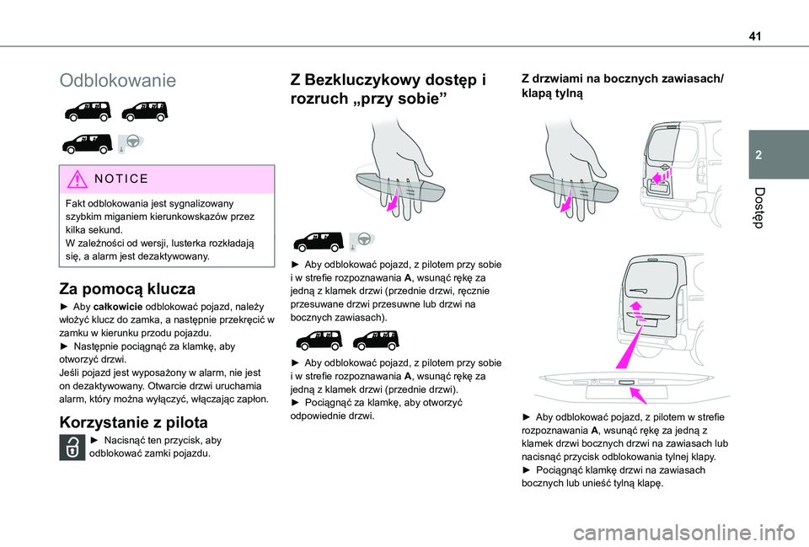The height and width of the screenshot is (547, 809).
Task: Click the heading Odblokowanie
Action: click(118, 81)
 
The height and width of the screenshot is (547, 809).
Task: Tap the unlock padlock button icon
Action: click(70, 447)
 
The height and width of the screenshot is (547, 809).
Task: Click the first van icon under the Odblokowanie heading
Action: click(87, 110)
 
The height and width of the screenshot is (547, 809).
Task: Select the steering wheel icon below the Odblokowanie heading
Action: click(132, 142)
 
